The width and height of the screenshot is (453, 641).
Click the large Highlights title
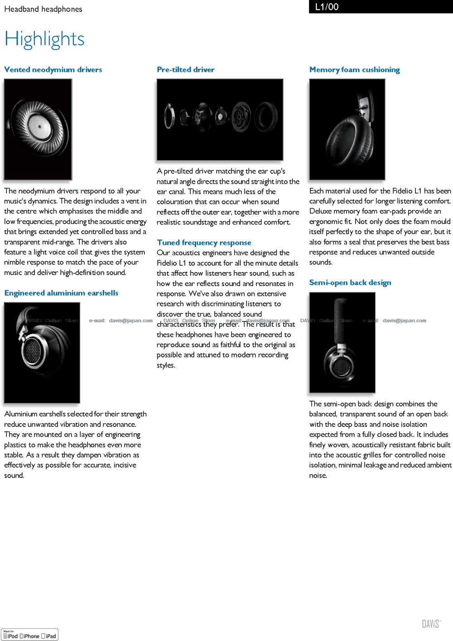44,39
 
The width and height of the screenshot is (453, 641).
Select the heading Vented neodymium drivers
53,70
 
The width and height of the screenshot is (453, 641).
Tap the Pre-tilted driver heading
185,70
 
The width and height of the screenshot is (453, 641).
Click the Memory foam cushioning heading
354,70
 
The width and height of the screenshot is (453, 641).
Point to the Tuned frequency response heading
204,243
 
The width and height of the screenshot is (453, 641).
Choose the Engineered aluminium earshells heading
61,293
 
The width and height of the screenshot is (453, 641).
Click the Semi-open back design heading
350,282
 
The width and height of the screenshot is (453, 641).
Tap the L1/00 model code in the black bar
327,7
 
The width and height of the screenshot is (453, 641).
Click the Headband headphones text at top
43,9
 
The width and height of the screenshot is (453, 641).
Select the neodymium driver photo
38,129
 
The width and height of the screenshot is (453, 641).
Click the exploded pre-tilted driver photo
220,120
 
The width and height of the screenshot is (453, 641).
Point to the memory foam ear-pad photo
347,129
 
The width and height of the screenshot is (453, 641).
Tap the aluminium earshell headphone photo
42,353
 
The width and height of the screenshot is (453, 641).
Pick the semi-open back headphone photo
342,342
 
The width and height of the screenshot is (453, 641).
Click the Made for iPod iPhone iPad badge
30,635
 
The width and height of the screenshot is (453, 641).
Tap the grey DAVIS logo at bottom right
431,624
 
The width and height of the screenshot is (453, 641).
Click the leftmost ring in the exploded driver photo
170,116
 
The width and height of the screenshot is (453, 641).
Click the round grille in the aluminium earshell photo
33,352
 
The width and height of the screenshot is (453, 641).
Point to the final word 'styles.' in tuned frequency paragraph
166,365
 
